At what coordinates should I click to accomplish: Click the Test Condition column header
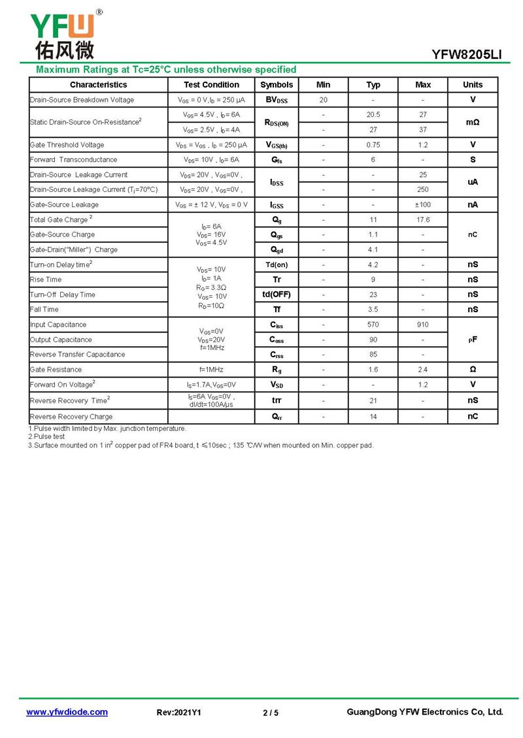211,85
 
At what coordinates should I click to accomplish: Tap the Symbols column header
277,85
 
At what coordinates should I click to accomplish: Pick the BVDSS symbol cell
277,100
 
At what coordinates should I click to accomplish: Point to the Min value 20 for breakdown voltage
324,100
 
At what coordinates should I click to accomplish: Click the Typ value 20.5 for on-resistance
373,115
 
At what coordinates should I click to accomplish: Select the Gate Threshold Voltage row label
67,145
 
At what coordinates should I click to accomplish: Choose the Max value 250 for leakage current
423,189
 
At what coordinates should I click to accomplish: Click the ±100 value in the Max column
423,205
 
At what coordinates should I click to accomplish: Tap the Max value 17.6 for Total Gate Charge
423,220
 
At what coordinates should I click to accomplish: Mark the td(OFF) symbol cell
277,295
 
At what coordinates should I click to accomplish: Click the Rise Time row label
46,280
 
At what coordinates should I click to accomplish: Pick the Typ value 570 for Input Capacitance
373,325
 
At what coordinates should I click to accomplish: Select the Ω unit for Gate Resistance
473,370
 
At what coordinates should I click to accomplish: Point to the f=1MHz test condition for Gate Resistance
211,370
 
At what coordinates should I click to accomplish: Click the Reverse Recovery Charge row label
71,417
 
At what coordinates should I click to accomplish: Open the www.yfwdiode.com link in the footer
67,713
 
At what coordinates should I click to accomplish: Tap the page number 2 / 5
271,713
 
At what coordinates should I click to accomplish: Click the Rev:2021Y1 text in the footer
179,713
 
